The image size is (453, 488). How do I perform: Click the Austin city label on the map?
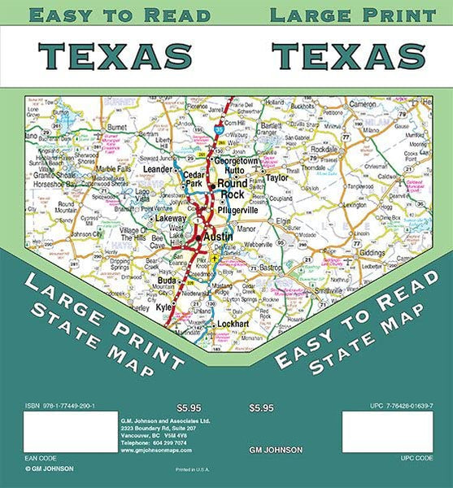click(217, 237)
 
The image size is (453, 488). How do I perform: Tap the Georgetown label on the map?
click(236, 161)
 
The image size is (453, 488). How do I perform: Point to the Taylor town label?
click(277, 176)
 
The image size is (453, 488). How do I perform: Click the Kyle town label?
click(163, 308)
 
